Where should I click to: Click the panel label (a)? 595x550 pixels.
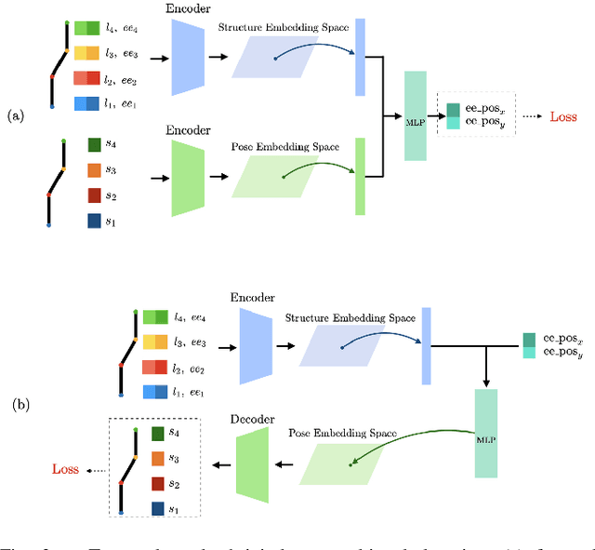(16, 116)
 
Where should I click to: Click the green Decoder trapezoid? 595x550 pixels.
(252, 464)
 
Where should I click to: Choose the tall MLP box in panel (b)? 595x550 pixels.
(487, 434)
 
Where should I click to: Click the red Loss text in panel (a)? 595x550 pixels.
(564, 117)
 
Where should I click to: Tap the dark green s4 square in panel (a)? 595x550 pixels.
(94, 145)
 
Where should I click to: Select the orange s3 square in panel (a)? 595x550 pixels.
(94, 170)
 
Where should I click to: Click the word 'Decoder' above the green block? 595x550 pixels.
(252, 420)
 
